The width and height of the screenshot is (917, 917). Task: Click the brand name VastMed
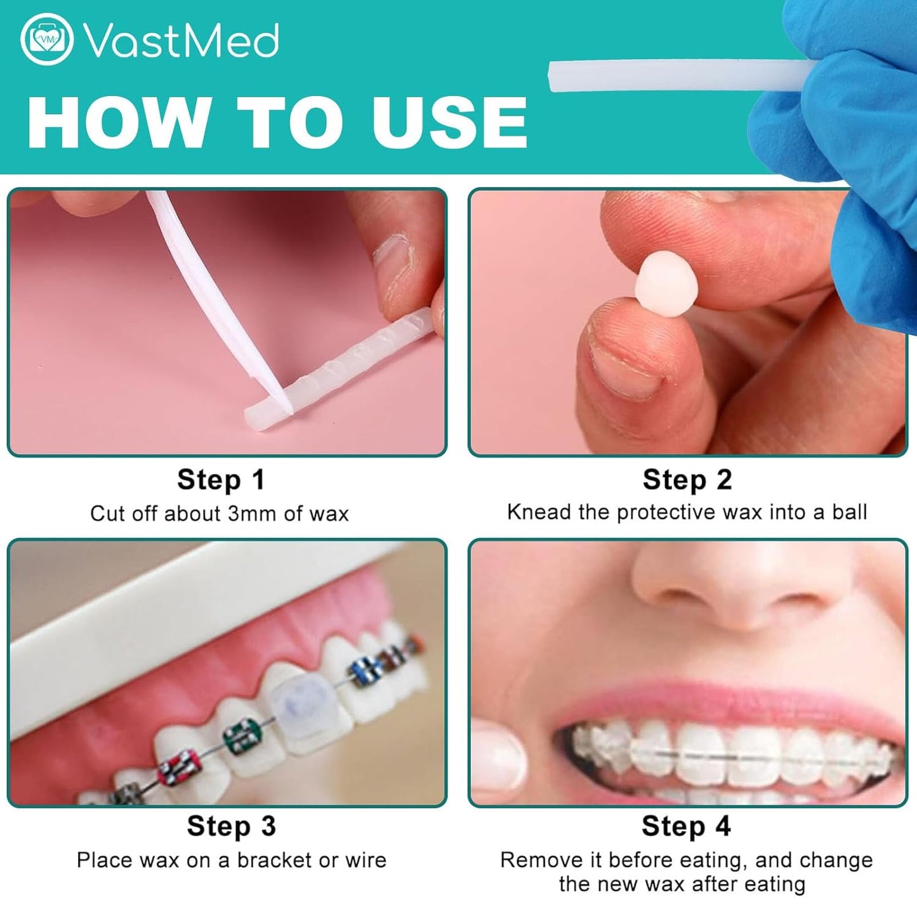click(181, 41)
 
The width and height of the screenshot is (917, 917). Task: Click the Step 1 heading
click(220, 480)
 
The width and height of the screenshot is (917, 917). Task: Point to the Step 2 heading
click(687, 480)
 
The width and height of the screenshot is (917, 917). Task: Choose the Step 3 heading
click(231, 826)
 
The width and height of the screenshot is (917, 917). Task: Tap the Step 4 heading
click(685, 826)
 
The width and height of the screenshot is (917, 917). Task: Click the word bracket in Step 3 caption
click(275, 860)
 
